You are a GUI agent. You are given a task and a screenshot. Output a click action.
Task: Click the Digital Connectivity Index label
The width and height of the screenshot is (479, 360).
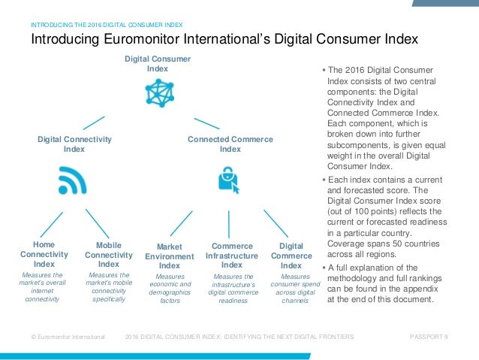[74, 144]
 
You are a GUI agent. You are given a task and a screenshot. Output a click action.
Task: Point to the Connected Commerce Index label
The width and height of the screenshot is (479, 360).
[230, 144]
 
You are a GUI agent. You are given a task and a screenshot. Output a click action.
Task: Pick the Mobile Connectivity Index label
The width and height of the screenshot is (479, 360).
[109, 255]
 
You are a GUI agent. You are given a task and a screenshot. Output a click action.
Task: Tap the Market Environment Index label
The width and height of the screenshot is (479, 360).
[170, 256]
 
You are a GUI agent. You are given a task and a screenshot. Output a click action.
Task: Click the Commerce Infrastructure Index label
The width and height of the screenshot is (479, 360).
[232, 255]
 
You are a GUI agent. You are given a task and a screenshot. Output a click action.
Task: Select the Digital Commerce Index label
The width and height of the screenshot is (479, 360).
[291, 255]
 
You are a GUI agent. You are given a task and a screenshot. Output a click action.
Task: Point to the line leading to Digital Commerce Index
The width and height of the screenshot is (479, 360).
[276, 223]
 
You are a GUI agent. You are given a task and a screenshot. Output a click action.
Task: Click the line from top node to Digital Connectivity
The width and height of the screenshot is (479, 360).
[94, 123]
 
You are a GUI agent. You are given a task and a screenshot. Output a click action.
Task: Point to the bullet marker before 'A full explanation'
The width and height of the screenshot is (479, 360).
[323, 268]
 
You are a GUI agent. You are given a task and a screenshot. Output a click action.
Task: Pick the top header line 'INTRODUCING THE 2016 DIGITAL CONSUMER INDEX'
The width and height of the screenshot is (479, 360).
[107, 24]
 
